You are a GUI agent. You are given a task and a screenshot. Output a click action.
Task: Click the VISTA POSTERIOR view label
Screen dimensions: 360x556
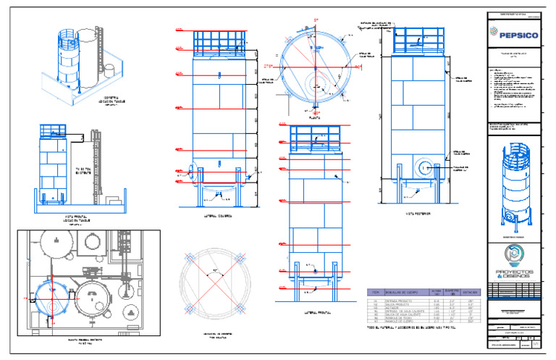(420, 214)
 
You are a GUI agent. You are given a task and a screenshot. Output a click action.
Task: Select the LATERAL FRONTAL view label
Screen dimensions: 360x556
(313, 313)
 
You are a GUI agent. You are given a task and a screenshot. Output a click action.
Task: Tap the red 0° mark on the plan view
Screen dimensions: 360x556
(316, 20)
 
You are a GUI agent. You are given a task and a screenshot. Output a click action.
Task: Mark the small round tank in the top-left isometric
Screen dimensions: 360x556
(109, 70)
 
